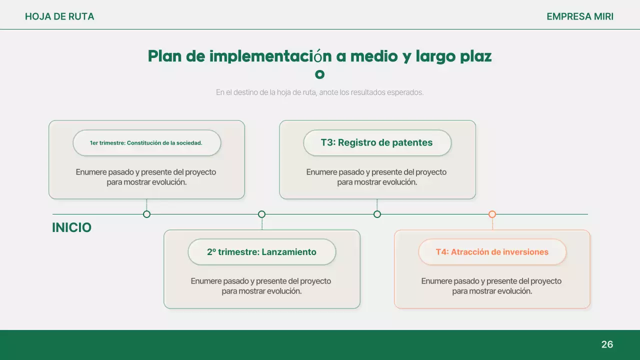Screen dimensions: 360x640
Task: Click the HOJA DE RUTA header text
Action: (59, 16)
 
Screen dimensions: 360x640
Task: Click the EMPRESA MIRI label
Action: (579, 16)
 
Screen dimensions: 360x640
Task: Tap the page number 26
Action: (607, 344)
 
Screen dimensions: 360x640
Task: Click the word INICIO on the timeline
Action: (71, 228)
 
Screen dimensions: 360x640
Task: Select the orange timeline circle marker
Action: (492, 214)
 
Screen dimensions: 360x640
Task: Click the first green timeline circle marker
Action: (146, 214)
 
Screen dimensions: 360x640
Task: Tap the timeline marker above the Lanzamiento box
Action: (261, 214)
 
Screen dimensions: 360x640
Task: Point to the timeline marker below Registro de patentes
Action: (377, 214)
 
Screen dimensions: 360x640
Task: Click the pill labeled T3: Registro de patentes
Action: (377, 143)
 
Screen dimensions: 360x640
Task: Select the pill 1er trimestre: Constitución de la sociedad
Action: (146, 143)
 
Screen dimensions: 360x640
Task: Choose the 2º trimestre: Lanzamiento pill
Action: (261, 252)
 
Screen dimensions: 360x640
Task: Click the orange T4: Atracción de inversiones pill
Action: (492, 252)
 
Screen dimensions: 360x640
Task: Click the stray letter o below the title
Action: (320, 74)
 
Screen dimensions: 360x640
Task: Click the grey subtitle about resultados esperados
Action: (320, 92)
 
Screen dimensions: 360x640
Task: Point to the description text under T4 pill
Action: (492, 286)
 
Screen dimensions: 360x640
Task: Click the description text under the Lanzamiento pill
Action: (261, 286)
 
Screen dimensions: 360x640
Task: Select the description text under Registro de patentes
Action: (377, 177)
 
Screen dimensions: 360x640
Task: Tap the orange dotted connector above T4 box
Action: (492, 223)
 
